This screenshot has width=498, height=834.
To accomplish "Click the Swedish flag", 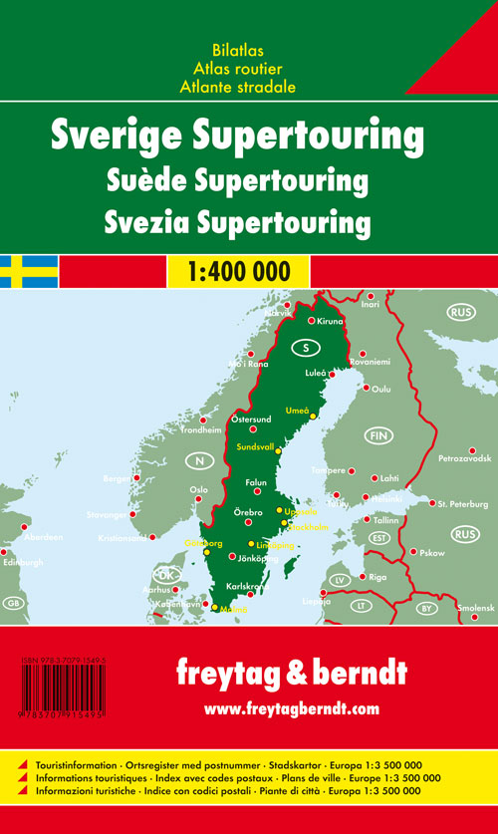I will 29,270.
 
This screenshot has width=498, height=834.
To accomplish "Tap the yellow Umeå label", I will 297,411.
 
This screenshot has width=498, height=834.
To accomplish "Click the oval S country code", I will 306,348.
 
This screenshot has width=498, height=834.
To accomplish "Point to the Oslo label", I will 199,489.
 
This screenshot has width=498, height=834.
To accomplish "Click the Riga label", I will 377,577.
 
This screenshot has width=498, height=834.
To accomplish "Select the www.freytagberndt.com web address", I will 291,708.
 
